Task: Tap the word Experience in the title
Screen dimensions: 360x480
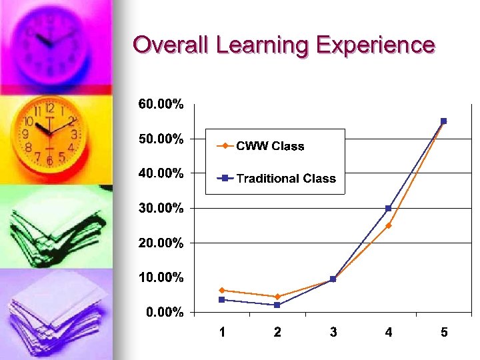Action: coord(375,46)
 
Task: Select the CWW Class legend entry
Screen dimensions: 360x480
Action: coord(269,146)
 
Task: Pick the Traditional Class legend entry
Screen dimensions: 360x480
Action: coord(286,178)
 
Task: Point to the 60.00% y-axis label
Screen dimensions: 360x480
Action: coord(161,104)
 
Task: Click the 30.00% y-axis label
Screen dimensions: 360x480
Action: coord(161,208)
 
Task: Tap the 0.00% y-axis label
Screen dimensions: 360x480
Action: coord(163,312)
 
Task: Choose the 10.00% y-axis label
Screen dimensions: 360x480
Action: coord(161,277)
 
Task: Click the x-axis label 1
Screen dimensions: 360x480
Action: coord(222,333)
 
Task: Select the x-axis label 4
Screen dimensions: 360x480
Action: coord(389,333)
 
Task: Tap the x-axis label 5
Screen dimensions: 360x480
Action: coord(444,333)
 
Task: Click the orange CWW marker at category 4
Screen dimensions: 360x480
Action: coord(389,225)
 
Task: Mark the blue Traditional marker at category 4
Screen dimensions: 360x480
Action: coord(389,208)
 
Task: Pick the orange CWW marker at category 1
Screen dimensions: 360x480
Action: coord(222,290)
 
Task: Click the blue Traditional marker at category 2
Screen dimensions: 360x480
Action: coord(277,305)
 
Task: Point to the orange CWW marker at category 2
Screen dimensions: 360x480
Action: coord(277,296)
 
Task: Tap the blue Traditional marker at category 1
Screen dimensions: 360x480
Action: coord(222,299)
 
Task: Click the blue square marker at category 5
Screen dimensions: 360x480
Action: coord(443,121)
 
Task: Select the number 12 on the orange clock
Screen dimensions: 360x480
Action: coord(49,107)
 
